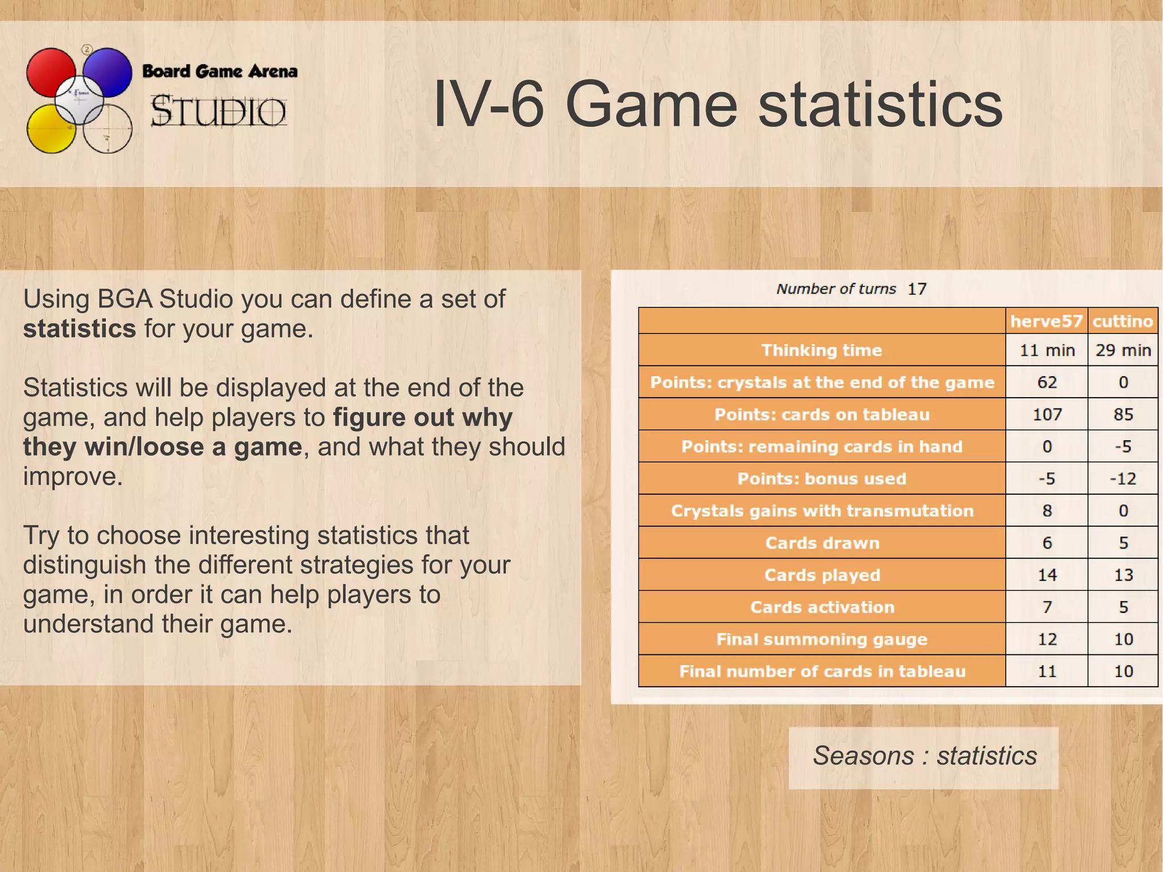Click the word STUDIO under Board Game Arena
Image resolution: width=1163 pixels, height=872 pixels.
pos(218,111)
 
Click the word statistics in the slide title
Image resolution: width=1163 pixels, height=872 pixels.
pos(881,106)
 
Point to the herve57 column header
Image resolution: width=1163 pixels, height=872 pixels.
pos(1046,321)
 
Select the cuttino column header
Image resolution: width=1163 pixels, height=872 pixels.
pos(1122,321)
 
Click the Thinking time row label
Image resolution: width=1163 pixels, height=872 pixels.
pos(821,350)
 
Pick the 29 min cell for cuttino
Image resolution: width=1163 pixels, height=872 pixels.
pos(1123,350)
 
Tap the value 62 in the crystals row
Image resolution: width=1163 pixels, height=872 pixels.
pos(1047,382)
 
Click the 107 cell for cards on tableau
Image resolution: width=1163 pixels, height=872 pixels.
pos(1047,414)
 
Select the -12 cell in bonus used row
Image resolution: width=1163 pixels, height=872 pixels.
pos(1123,478)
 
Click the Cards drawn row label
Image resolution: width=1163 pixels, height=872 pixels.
pos(822,543)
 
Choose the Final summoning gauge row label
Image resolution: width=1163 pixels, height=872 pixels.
pos(821,639)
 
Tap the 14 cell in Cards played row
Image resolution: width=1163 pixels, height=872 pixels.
pos(1047,575)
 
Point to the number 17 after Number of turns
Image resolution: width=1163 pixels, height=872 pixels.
pos(917,289)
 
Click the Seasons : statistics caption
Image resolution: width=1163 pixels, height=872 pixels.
pos(924,756)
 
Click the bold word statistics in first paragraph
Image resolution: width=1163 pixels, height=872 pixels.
pos(80,329)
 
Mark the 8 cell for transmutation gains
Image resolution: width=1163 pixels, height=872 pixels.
pos(1047,511)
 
